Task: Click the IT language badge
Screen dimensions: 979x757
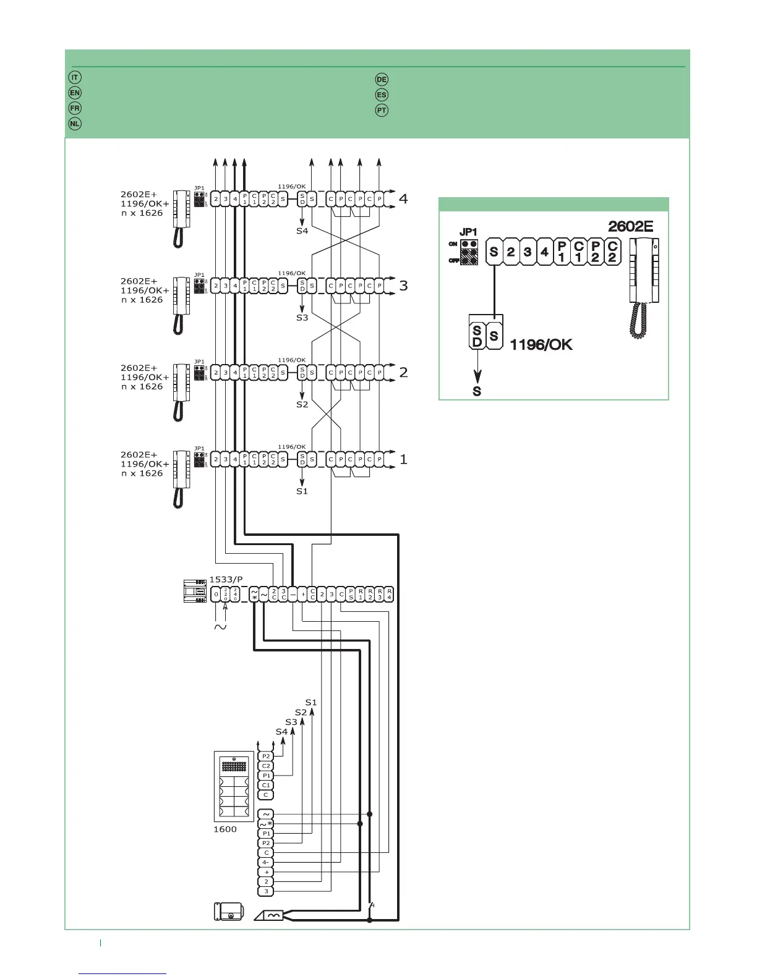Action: coord(74,77)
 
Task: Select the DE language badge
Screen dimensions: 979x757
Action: coord(382,79)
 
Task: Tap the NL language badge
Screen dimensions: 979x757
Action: coord(74,123)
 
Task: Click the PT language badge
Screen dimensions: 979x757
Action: coord(382,110)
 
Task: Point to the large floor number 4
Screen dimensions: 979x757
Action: coord(404,199)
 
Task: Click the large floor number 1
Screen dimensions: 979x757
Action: coord(404,459)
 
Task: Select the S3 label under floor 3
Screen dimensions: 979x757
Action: coord(302,318)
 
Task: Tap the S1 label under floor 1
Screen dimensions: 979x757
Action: coord(302,491)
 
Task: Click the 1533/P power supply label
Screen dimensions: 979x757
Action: coord(226,579)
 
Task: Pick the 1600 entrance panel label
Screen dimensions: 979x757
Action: coord(225,829)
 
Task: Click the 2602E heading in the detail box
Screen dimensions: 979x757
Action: coord(630,226)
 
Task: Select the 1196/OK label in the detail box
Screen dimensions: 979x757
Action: coord(541,345)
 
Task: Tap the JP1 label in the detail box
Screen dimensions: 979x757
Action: coord(469,232)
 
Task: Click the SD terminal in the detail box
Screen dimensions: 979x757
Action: coord(477,336)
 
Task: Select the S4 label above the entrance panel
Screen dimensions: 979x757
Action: coord(282,732)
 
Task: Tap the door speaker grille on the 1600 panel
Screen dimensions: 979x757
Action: coord(234,766)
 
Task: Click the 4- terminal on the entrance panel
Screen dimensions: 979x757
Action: coord(266,862)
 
